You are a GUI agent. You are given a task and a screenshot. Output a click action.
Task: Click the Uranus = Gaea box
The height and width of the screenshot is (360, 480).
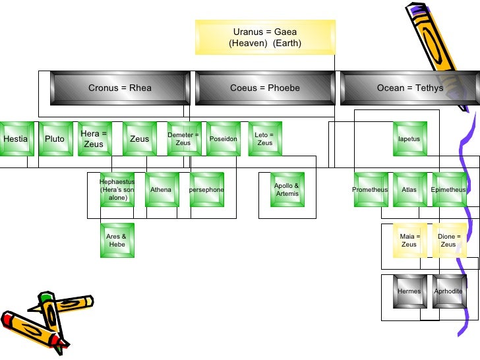click(265, 37)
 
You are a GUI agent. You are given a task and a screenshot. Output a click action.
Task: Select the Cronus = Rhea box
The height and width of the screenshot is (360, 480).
click(120, 88)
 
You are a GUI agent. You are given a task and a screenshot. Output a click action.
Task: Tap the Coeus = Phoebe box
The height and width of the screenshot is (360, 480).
click(265, 88)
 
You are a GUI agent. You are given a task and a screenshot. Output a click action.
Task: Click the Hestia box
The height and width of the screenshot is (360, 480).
click(15, 138)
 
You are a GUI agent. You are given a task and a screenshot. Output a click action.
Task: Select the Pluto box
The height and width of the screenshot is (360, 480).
click(55, 138)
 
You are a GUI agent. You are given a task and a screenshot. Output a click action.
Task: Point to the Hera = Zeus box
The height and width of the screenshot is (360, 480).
click(94, 138)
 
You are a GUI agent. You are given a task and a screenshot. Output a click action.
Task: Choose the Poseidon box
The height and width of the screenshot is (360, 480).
click(223, 138)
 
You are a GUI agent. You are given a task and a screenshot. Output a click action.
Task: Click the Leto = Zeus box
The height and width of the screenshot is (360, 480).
click(264, 138)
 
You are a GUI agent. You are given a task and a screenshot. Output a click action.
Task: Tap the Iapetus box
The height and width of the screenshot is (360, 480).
click(409, 138)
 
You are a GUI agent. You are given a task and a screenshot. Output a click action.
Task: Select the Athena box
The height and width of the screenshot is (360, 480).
click(161, 189)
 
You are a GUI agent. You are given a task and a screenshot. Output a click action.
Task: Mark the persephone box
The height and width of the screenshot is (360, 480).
click(206, 189)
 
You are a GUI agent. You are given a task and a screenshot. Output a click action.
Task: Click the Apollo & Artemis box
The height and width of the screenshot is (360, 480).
click(287, 189)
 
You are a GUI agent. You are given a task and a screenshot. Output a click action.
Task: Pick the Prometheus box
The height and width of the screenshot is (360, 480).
click(370, 189)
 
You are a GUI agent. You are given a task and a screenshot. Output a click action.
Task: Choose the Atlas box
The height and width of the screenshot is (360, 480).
click(409, 189)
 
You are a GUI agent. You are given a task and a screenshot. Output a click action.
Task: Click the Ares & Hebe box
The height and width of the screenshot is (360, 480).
click(116, 240)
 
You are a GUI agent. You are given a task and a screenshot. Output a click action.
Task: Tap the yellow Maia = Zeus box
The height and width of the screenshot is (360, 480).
click(409, 240)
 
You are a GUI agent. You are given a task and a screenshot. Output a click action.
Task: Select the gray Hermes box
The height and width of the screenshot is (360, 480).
click(409, 291)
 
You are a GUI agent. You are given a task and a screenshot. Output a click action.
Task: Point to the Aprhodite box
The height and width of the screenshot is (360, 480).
click(448, 291)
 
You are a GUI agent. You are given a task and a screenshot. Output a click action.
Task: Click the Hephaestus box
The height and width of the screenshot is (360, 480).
click(117, 189)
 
